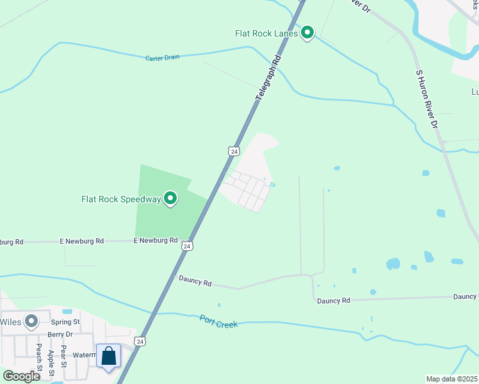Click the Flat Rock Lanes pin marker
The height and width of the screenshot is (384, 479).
click(x=307, y=31)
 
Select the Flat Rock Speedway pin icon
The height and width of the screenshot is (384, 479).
click(x=170, y=199)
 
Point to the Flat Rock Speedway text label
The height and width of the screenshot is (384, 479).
click(x=120, y=199)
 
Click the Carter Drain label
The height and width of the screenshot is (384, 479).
click(x=162, y=58)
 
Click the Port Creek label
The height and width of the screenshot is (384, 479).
click(x=218, y=321)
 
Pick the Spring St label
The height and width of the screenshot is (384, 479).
click(x=65, y=322)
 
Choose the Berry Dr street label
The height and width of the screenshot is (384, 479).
click(x=60, y=334)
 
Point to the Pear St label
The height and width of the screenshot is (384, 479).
click(x=63, y=356)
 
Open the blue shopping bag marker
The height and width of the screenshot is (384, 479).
click(x=108, y=356)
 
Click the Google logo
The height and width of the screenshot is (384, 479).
click(x=21, y=376)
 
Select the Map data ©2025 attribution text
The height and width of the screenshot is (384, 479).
click(x=451, y=379)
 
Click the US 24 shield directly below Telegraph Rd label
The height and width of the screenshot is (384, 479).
click(x=233, y=151)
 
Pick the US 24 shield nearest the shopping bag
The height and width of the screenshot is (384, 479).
click(x=140, y=341)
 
